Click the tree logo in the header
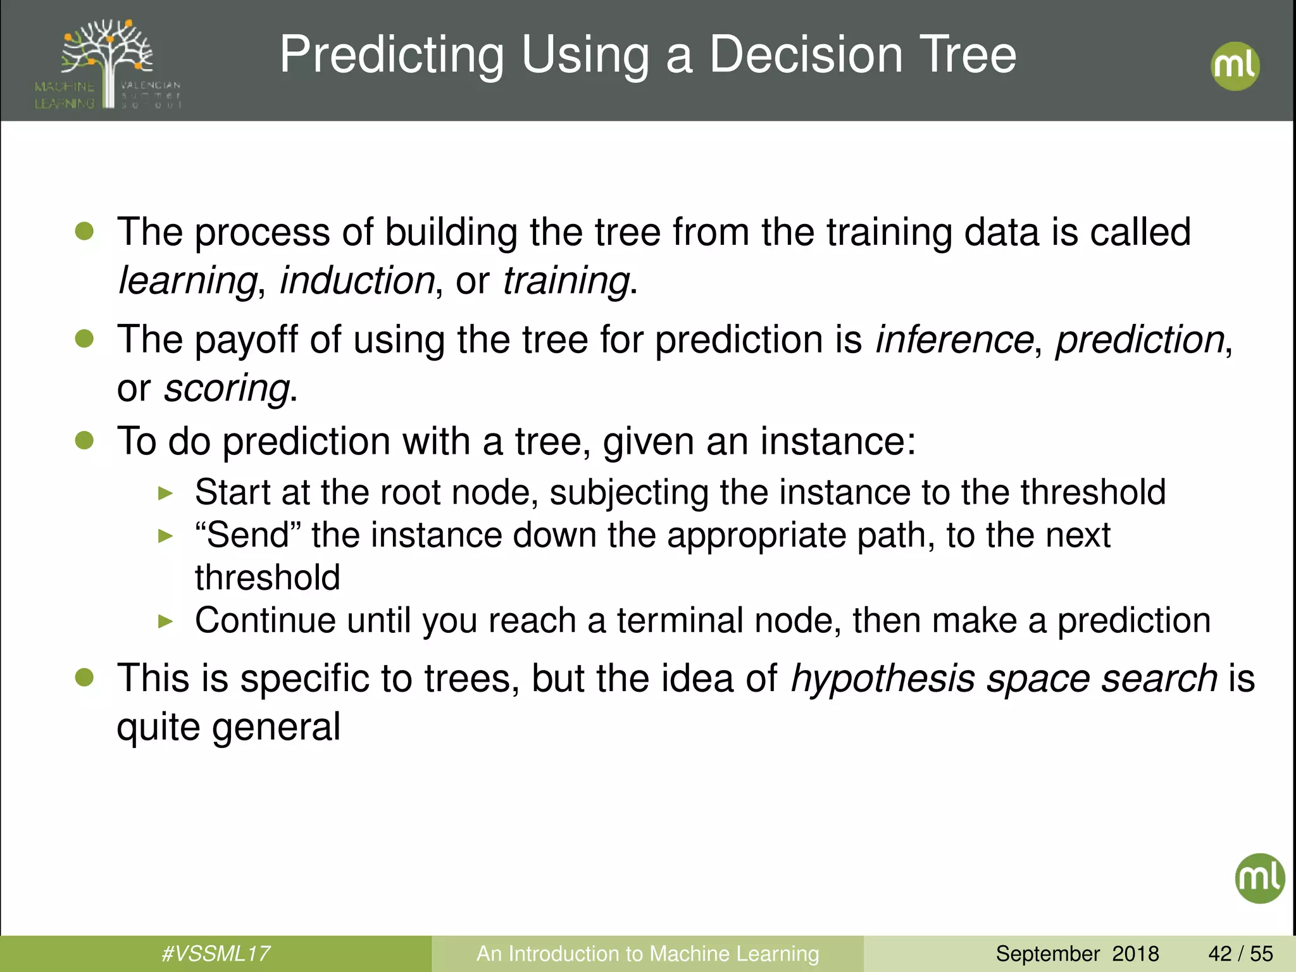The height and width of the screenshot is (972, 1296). click(x=108, y=63)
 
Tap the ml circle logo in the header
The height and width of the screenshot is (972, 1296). click(x=1235, y=66)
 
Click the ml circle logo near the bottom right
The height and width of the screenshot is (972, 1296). click(x=1259, y=878)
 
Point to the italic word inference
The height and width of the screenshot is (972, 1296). click(x=954, y=340)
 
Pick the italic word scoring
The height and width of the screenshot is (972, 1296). click(x=227, y=388)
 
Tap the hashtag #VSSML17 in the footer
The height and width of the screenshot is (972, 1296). click(x=216, y=953)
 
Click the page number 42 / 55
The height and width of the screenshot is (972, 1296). click(x=1240, y=953)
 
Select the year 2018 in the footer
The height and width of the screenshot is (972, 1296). click(x=1135, y=953)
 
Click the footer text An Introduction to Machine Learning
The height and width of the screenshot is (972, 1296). click(x=647, y=953)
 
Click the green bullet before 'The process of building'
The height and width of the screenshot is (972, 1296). click(x=84, y=231)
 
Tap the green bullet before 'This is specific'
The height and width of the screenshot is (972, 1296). click(x=84, y=678)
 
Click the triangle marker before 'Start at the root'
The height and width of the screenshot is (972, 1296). click(x=165, y=493)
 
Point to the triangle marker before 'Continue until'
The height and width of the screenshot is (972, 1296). click(x=165, y=621)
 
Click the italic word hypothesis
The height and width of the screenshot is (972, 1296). click(x=883, y=678)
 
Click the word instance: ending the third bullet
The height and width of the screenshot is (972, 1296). click(x=838, y=440)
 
